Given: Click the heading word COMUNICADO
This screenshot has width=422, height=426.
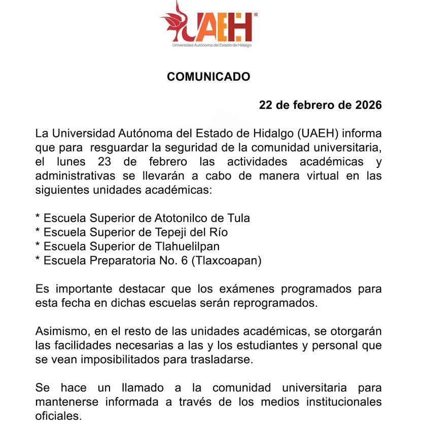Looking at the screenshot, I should tap(208, 77).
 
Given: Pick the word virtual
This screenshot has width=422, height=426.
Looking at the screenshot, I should tap(316, 176).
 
